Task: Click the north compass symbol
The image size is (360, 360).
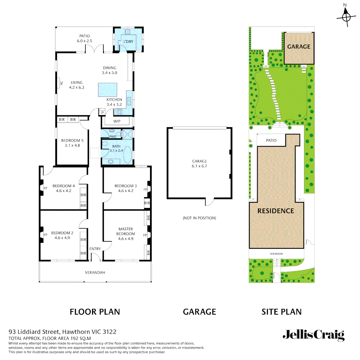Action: coord(346,16)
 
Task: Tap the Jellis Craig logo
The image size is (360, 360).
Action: coord(313,335)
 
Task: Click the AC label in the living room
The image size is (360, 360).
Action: coord(61,83)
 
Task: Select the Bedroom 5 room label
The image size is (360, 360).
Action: coord(70,141)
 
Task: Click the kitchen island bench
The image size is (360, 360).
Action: coord(107,90)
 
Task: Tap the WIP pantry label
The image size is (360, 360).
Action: coord(117,122)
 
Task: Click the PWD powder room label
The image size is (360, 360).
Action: coord(113,136)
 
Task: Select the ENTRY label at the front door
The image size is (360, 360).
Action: coord(95,249)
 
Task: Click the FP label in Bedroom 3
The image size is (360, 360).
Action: coord(145,189)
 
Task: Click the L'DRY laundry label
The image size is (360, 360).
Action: coord(128,41)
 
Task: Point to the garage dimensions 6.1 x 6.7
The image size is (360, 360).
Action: coord(199,166)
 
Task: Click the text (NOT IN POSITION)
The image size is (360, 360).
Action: coord(199,218)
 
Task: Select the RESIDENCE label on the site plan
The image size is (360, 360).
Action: coord(276,211)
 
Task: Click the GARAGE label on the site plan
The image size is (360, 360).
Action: coord(299,47)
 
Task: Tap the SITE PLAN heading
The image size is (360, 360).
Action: coord(281,312)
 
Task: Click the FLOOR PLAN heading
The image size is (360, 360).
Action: coord(95,312)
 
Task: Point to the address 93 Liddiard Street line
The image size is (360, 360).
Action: coord(62,332)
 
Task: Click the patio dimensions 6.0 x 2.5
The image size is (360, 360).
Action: coord(84,41)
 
